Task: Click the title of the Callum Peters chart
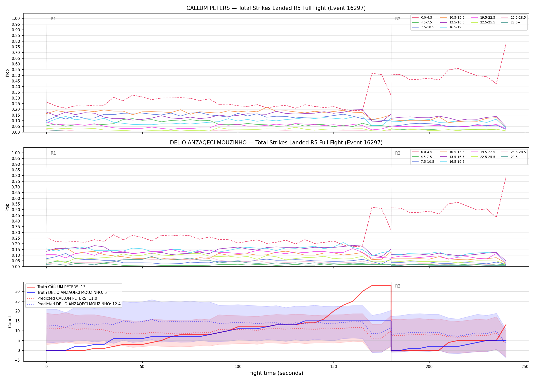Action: coord(276,8)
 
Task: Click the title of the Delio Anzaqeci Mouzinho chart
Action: coord(276,143)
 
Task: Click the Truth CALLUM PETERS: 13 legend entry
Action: coord(56,287)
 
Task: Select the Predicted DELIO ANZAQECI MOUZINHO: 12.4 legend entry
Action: coord(74,304)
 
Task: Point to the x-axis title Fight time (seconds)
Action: coord(276,373)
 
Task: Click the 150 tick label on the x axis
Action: coord(333,367)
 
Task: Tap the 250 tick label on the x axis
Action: coord(525,367)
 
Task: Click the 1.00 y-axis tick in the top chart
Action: coord(16,18)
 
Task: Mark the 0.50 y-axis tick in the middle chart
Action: coord(16,210)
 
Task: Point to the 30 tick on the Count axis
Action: coord(18,291)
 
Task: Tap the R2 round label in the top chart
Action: coord(398,19)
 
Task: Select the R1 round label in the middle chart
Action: coord(53,153)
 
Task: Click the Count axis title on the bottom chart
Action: coord(10,322)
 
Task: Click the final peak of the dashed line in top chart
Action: coord(506,45)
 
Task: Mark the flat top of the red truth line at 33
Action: coord(381,285)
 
